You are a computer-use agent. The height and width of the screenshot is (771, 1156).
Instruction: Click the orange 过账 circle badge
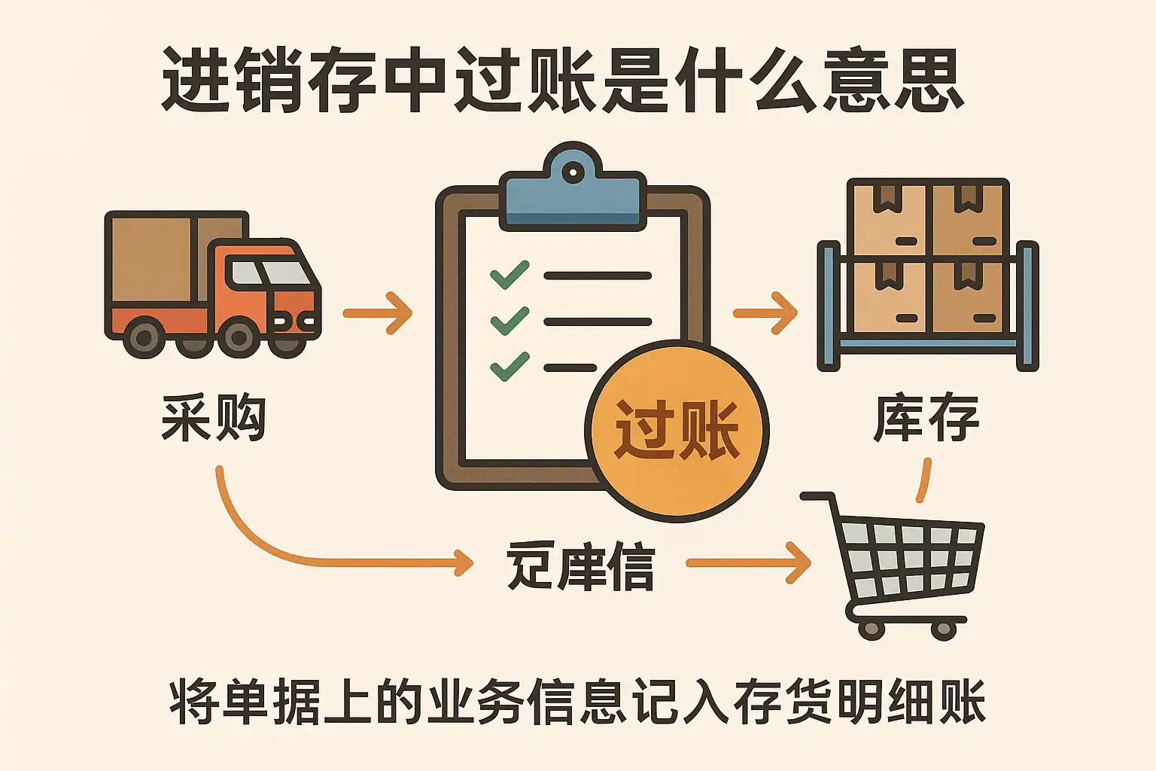pyautogui.click(x=677, y=430)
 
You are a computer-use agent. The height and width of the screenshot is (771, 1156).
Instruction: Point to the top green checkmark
pyautogui.click(x=510, y=275)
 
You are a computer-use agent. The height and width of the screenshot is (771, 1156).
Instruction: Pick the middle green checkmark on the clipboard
pyautogui.click(x=510, y=321)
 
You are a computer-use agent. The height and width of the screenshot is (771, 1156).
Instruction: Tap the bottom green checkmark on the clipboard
pyautogui.click(x=510, y=367)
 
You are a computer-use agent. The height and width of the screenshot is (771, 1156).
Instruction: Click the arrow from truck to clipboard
pyautogui.click(x=378, y=312)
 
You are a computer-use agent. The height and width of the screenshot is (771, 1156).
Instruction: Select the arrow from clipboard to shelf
pyautogui.click(x=765, y=312)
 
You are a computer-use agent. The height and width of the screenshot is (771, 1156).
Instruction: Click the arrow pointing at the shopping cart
pyautogui.click(x=748, y=562)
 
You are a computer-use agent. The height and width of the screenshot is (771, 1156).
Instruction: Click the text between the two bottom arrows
pyautogui.click(x=580, y=565)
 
